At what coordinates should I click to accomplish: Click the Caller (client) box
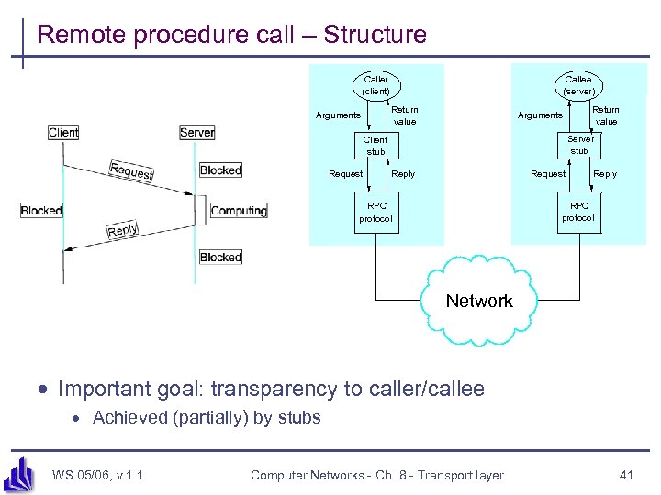376,85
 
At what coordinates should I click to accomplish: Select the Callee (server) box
578,85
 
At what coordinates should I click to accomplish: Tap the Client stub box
375,146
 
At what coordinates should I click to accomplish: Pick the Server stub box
579,145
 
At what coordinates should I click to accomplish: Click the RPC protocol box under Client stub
376,212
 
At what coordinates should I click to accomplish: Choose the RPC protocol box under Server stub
578,212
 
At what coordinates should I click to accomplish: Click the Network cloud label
479,301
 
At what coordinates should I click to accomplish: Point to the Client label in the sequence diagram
63,133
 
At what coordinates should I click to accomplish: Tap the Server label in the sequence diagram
197,133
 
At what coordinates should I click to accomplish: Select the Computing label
238,211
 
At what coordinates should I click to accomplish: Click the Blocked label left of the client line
41,211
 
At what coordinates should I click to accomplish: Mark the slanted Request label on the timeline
131,170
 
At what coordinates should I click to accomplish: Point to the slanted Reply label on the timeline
123,231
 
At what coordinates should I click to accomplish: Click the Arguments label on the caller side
338,115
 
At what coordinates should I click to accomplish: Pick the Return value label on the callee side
606,115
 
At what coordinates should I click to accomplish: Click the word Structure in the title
375,36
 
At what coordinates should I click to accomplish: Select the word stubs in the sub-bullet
299,418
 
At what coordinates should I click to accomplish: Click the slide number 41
627,475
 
